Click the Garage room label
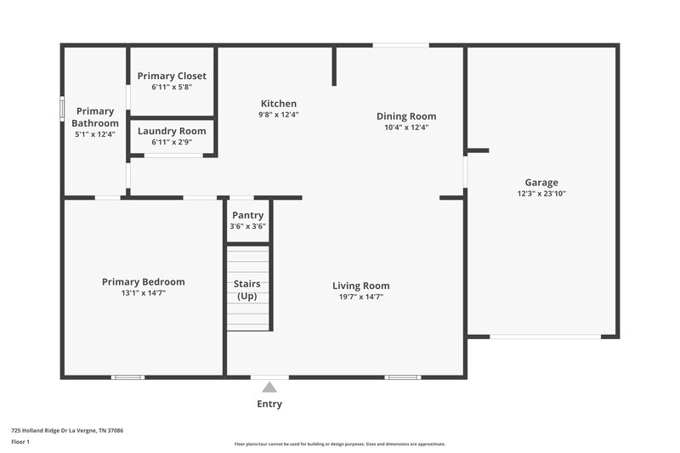click(x=541, y=183)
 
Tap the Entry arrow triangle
click(x=269, y=388)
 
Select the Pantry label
click(x=247, y=216)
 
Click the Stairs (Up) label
click(x=247, y=290)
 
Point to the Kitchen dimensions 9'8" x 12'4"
click(x=279, y=115)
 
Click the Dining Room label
click(x=406, y=116)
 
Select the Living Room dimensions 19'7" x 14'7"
click(x=360, y=297)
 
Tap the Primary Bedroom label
click(x=143, y=282)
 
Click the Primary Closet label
click(x=172, y=76)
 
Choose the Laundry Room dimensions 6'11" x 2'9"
click(x=172, y=142)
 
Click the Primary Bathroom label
click(x=94, y=117)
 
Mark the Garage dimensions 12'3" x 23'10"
click(x=541, y=194)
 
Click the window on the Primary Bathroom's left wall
click(x=62, y=108)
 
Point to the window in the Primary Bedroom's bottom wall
click(x=127, y=377)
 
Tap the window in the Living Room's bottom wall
click(x=402, y=377)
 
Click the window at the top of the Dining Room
click(x=400, y=45)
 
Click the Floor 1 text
click(x=20, y=442)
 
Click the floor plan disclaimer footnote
click(x=339, y=444)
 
